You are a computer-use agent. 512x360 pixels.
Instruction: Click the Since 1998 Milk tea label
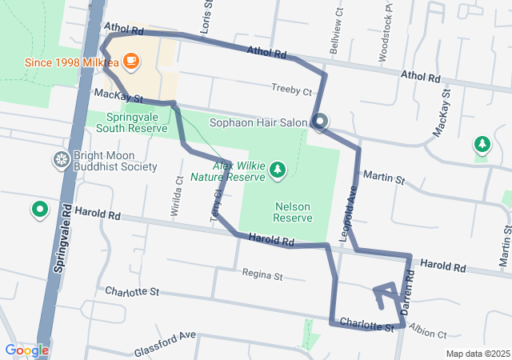[x=69, y=62]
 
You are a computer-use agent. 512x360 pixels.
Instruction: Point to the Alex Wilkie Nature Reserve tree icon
[x=277, y=170]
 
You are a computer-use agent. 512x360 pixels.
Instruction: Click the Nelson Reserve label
[x=292, y=211]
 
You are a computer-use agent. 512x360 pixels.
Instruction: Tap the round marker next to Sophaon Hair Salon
[x=320, y=122]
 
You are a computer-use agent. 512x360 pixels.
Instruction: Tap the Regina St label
[x=263, y=277]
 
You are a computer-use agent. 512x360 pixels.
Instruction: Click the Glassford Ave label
[x=165, y=338]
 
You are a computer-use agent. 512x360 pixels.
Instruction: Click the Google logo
[x=26, y=350]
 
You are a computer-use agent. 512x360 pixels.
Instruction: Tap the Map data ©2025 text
[x=477, y=354]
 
